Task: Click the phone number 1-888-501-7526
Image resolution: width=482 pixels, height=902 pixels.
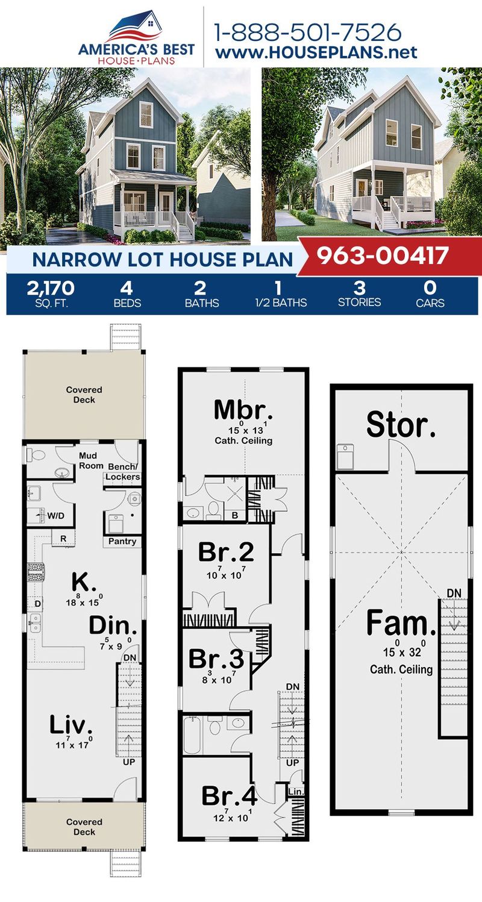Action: (308, 31)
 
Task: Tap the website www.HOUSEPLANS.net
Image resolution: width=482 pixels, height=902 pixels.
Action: (316, 52)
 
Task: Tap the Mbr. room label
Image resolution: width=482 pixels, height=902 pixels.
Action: (243, 412)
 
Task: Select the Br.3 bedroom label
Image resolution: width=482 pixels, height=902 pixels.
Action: (216, 659)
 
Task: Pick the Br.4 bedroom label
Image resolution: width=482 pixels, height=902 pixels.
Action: (229, 796)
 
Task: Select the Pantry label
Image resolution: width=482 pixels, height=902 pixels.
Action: (122, 541)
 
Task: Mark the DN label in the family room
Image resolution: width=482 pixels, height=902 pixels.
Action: (454, 594)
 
